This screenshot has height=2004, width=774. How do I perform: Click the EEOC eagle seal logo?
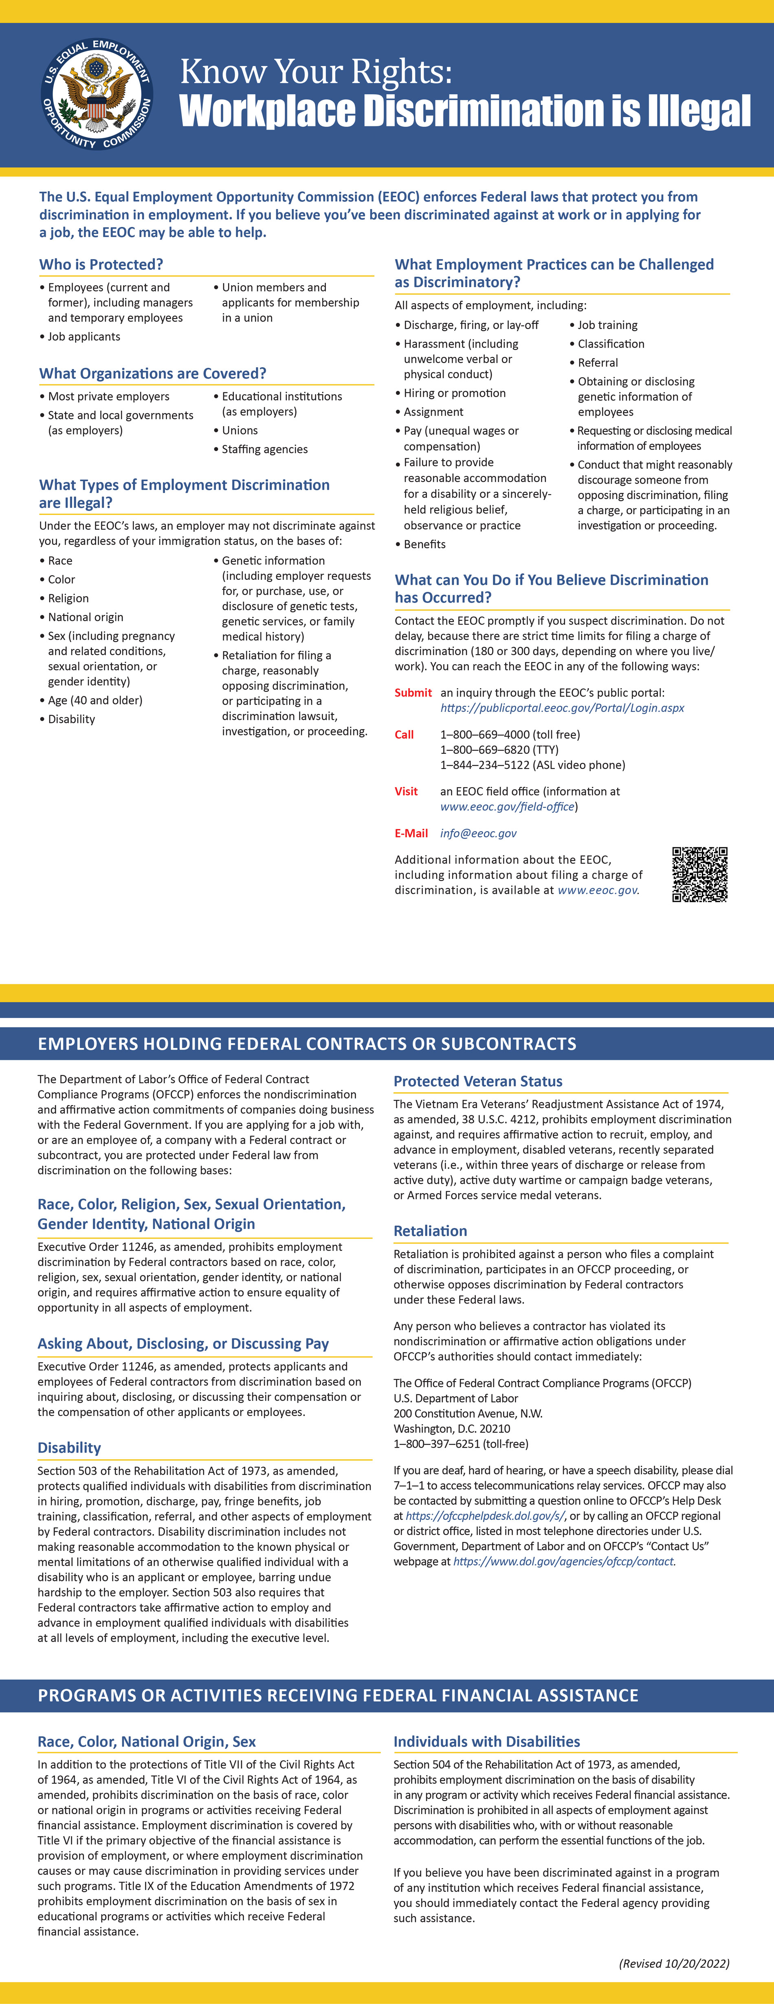click(97, 94)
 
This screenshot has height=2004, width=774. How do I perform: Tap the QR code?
click(699, 874)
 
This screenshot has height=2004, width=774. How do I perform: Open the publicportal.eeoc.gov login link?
click(562, 708)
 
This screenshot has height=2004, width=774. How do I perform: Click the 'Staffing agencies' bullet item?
click(264, 449)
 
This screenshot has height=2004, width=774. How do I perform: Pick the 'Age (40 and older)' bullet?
click(95, 700)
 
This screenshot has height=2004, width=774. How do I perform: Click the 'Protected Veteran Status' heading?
click(477, 1081)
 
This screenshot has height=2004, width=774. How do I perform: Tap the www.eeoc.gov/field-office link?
click(507, 807)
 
